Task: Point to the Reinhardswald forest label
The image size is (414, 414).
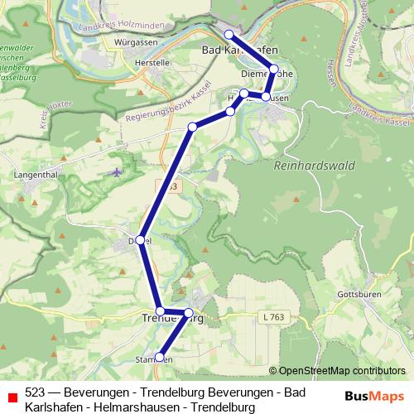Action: tap(314, 166)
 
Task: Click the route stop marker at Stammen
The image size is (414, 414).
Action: tap(160, 359)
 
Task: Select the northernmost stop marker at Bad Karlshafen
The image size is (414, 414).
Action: tap(229, 34)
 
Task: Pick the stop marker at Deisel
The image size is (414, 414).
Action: tap(141, 240)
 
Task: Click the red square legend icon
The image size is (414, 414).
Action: tap(12, 398)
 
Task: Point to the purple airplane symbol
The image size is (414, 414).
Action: tap(115, 172)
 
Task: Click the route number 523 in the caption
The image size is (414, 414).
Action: tap(35, 392)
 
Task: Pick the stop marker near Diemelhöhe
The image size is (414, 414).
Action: tap(274, 70)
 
